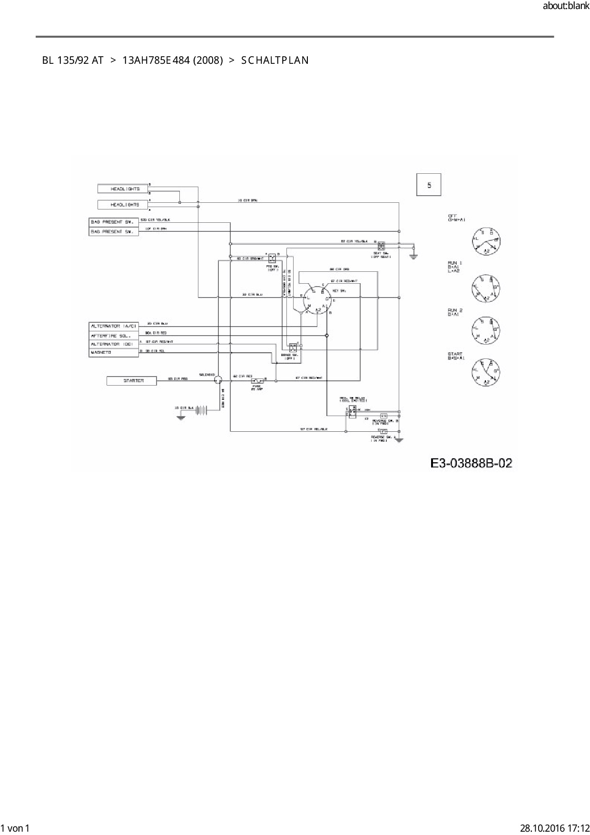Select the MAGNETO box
pos(114,352)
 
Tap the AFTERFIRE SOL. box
pos(114,335)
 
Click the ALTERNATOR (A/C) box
pos(114,326)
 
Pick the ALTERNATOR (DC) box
pos(114,344)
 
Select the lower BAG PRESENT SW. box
pos(114,231)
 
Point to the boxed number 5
pos(429,185)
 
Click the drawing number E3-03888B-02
pos(471,463)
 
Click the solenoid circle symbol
pos(218,380)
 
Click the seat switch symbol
pos(381,246)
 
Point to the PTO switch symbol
pos(272,258)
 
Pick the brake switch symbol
pos(293,347)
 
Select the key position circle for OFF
pos(486,241)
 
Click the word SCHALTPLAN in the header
pos(275,60)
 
